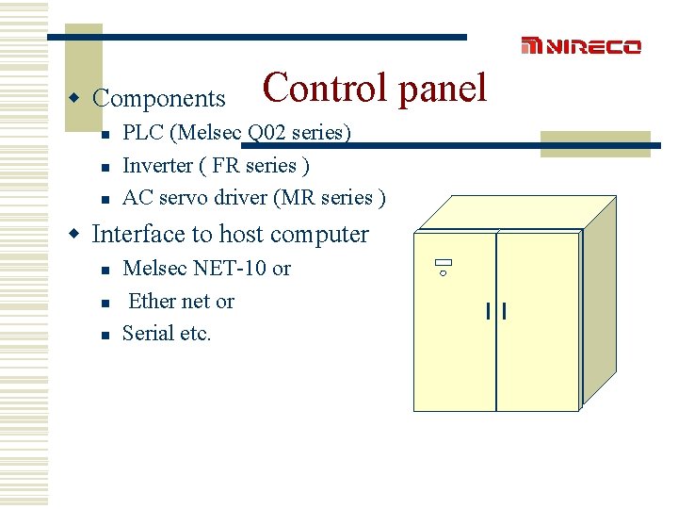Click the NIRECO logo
pyautogui.click(x=581, y=46)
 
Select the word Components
pyautogui.click(x=159, y=98)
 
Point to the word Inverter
pyautogui.click(x=158, y=165)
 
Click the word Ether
pyautogui.click(x=152, y=302)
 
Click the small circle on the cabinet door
pyautogui.click(x=444, y=273)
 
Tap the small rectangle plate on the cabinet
pyautogui.click(x=444, y=263)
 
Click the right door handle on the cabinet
pyautogui.click(x=506, y=311)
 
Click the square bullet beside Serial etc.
pyautogui.click(x=106, y=335)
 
